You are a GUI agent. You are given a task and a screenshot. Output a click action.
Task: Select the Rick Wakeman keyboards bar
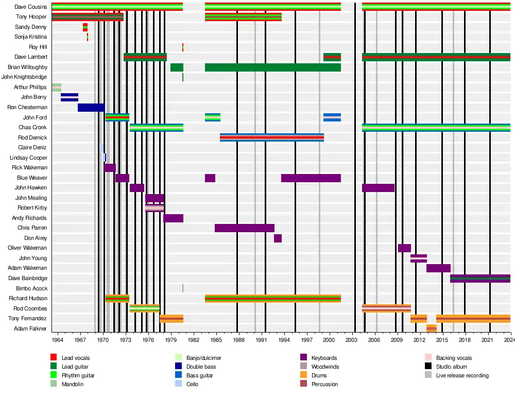click(110, 168)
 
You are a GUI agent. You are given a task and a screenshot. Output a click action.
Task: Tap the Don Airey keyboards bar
click(278, 238)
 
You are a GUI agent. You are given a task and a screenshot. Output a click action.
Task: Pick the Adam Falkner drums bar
click(432, 328)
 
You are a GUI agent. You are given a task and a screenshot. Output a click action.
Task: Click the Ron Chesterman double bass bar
click(91, 108)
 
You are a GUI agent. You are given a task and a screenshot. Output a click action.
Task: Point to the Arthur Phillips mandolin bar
click(57, 88)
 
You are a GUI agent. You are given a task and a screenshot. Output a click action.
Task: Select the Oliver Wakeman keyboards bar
click(404, 248)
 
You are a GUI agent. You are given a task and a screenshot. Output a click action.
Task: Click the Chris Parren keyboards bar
click(245, 228)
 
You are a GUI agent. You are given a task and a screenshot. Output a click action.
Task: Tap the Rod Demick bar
click(272, 137)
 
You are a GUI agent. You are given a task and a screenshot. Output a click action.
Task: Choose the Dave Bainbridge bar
click(480, 279)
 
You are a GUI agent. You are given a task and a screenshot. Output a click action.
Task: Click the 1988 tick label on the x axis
click(237, 340)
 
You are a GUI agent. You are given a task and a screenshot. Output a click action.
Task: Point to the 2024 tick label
click(510, 340)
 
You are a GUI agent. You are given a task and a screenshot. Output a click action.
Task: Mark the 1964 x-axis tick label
click(57, 340)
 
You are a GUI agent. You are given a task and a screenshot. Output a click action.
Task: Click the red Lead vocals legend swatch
click(54, 358)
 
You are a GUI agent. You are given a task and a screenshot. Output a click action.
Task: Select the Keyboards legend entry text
click(324, 358)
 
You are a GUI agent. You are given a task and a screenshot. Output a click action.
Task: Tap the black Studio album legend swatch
click(428, 367)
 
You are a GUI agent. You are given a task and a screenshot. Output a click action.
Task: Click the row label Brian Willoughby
click(27, 67)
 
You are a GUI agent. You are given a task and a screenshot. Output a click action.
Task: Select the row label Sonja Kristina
click(31, 37)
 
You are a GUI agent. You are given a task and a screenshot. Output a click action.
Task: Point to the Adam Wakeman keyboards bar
click(438, 268)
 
